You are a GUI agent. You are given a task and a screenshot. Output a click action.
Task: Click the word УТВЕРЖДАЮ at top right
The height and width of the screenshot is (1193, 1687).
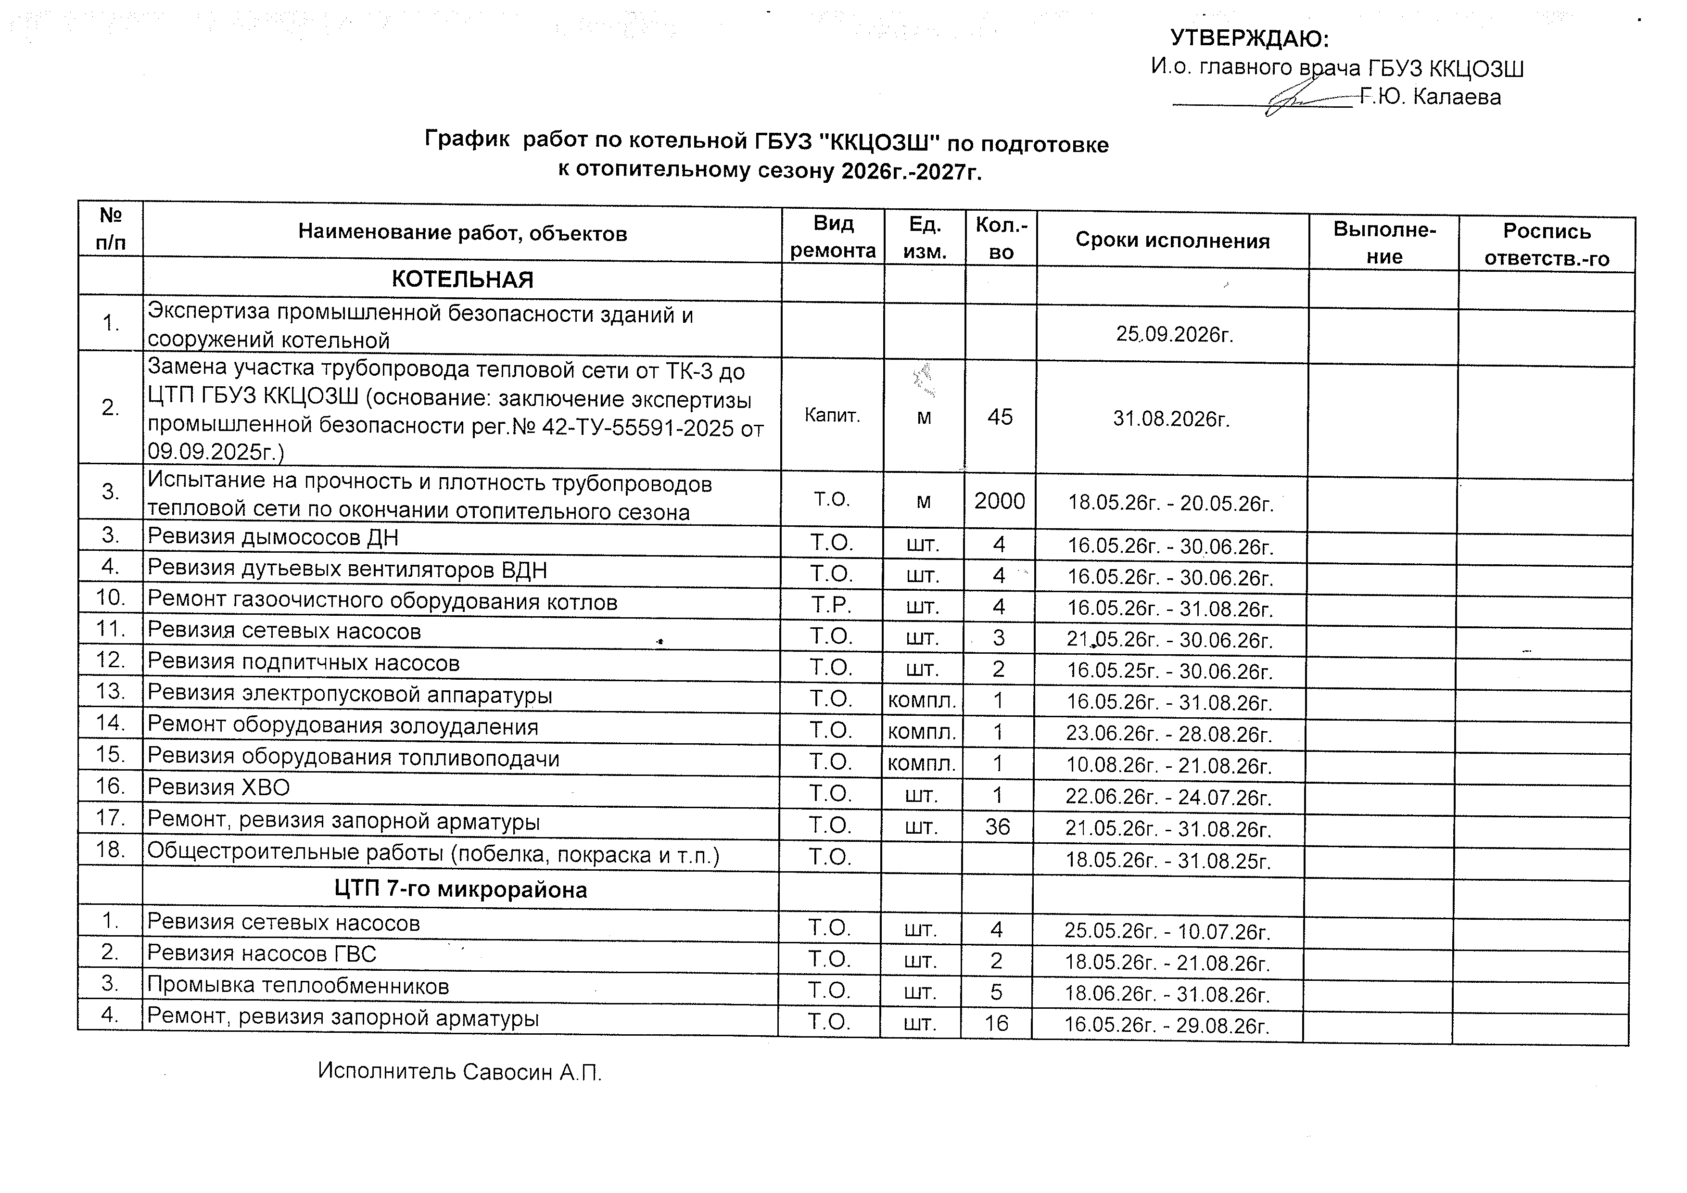click(1249, 38)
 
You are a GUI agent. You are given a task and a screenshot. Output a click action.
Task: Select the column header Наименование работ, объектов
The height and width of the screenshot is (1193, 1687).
click(462, 234)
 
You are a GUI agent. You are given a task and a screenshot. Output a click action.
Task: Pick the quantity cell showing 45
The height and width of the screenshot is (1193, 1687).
click(1000, 417)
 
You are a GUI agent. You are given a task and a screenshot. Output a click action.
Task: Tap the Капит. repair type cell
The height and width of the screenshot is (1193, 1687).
click(832, 416)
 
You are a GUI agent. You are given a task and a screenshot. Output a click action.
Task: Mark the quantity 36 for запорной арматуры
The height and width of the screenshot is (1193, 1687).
click(998, 828)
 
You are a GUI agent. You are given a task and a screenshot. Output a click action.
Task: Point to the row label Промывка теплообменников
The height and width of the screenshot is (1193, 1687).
click(298, 986)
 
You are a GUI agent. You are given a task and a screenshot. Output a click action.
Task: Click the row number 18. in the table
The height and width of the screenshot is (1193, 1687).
click(110, 850)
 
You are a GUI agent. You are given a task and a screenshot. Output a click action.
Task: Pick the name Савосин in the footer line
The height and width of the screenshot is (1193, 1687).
click(507, 1073)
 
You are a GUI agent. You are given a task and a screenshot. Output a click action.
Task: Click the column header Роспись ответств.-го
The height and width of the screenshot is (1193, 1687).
click(1547, 245)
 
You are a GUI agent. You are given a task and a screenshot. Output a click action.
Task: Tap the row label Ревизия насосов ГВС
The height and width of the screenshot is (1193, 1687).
click(262, 954)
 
